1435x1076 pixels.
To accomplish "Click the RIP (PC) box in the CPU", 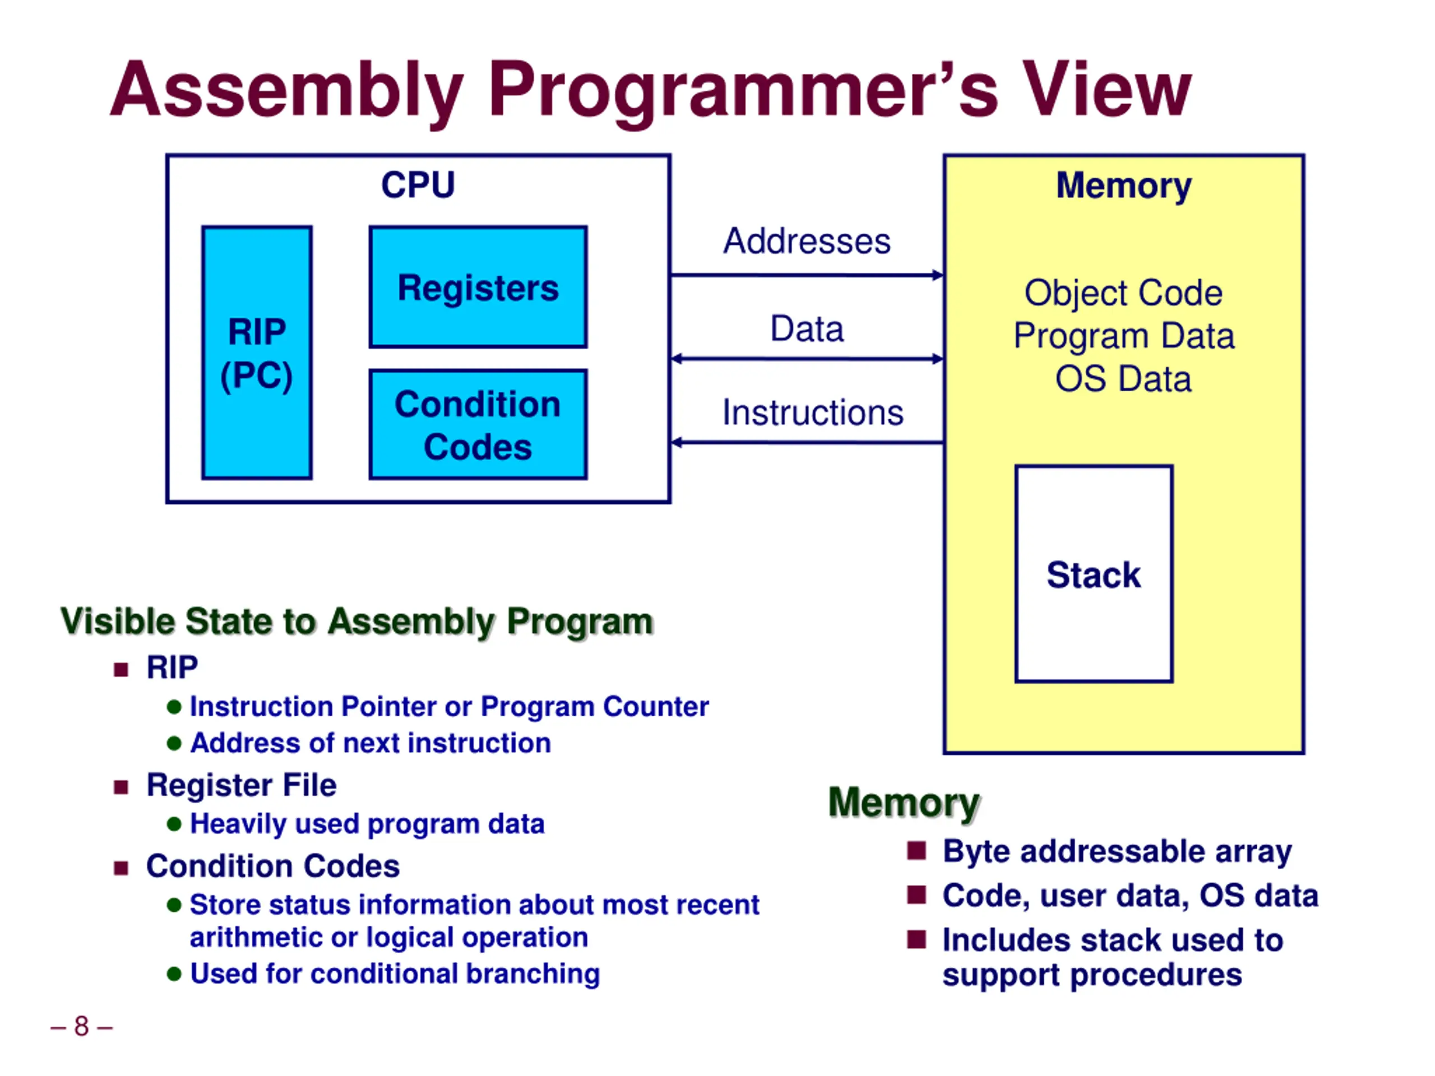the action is click(257, 353).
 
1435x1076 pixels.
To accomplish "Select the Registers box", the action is click(478, 287).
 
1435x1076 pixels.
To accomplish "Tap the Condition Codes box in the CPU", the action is click(478, 425).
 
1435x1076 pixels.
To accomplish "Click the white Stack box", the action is click(1094, 574).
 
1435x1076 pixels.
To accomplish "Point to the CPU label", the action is click(418, 185).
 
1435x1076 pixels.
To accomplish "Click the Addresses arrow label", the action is click(807, 242).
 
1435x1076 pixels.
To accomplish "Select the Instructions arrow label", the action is click(813, 412).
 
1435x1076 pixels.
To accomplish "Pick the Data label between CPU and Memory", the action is click(807, 328).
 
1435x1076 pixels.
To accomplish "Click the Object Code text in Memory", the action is click(1123, 293).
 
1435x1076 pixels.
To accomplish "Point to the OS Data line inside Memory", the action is click(1123, 379).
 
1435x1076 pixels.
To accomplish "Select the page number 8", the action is click(81, 1026).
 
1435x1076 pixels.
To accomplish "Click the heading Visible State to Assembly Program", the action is click(357, 622).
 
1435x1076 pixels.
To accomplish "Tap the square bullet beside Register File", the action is click(121, 787).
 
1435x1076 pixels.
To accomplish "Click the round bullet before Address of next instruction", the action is click(174, 743).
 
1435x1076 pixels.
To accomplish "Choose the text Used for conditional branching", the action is click(395, 973).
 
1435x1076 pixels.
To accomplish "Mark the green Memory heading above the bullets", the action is click(904, 803).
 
